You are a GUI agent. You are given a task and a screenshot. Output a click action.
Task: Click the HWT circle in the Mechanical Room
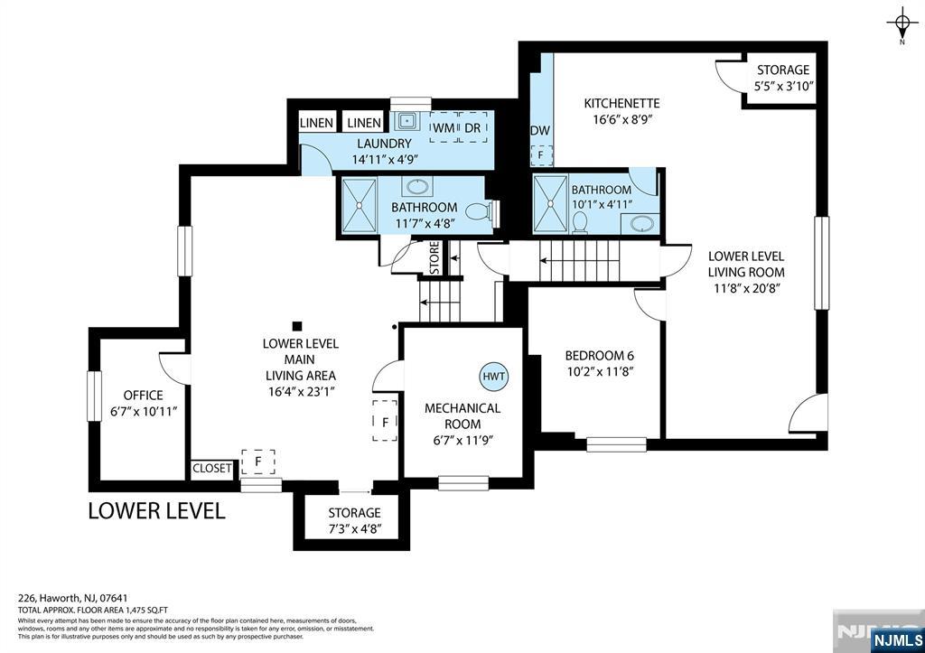[x=493, y=377]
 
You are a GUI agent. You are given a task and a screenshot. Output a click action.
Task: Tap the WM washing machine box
[x=444, y=127]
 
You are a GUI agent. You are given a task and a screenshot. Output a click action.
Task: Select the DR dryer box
[x=473, y=127]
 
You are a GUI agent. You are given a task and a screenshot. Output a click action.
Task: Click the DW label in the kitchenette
[x=540, y=131]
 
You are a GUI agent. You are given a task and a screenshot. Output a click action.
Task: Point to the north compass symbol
[x=902, y=23]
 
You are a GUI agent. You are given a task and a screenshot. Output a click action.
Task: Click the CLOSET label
[x=211, y=469]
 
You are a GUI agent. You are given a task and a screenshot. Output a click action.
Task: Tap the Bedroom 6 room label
[x=599, y=356]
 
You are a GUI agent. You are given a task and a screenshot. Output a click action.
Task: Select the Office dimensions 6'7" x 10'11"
[x=144, y=411]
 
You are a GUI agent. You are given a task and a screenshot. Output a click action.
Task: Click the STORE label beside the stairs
[x=434, y=257]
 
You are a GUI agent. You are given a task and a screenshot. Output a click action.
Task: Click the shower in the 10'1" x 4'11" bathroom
[x=550, y=203]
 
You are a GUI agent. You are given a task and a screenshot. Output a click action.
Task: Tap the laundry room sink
[x=406, y=122]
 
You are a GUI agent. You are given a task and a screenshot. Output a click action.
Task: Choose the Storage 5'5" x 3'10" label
[x=783, y=78]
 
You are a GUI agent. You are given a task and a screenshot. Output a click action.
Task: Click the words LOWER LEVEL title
[x=157, y=511]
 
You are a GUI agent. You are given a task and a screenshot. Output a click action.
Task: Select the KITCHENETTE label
[x=621, y=103]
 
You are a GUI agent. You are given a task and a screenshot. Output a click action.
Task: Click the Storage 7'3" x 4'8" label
[x=354, y=520]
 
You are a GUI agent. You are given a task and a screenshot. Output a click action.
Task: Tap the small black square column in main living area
[x=297, y=326]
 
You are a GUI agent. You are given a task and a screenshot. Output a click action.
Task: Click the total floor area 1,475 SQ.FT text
[x=93, y=611]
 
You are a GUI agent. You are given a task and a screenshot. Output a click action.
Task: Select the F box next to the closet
[x=258, y=462]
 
